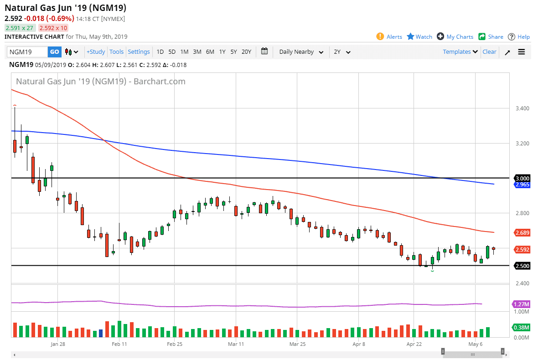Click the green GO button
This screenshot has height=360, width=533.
(x=54, y=52)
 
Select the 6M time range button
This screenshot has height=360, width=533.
(x=210, y=52)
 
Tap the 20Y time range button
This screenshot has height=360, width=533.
(x=246, y=52)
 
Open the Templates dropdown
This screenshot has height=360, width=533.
(x=460, y=52)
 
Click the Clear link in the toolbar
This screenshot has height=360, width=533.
(x=489, y=52)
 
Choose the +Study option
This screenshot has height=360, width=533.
(x=96, y=52)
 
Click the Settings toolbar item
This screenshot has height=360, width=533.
(x=139, y=52)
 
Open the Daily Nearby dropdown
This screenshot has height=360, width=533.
(x=301, y=52)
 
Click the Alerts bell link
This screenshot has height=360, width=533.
(x=389, y=37)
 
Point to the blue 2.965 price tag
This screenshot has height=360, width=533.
(x=522, y=185)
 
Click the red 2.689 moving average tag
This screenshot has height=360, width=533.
(x=522, y=233)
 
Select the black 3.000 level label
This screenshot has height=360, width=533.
(x=522, y=178)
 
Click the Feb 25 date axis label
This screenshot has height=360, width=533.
(x=175, y=345)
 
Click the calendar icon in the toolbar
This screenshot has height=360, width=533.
(x=264, y=51)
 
